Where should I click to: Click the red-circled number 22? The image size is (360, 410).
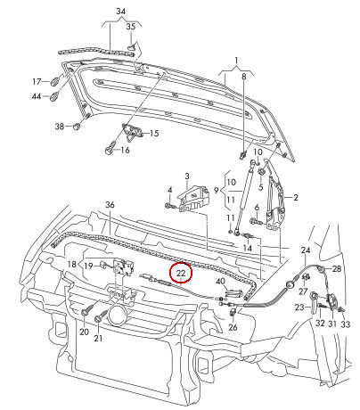181,273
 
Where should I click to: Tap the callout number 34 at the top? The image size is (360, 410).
120,12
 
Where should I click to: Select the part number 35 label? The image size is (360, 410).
131,27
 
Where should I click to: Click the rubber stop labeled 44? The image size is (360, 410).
55,96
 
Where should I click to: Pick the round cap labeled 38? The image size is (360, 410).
77,127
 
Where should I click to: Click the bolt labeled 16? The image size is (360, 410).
110,149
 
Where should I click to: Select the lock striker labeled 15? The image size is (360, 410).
133,133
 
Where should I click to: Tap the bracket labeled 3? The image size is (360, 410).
193,197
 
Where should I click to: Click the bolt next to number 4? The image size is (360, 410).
169,206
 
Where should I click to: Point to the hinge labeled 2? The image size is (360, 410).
275,202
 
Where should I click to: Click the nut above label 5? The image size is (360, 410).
261,172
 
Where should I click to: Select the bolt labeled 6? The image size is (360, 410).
256,221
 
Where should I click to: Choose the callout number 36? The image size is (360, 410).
110,205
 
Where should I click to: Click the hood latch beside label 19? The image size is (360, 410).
124,266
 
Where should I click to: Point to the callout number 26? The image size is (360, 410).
233,327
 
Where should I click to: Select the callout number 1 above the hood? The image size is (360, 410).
236,61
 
